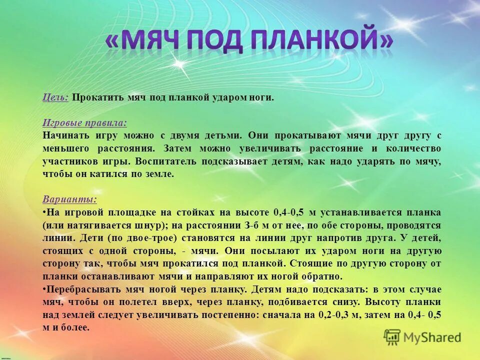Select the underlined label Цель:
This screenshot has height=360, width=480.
(55, 97)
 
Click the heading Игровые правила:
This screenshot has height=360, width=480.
(84, 122)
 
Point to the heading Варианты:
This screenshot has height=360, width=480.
(69, 199)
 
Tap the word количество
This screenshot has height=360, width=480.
(413, 148)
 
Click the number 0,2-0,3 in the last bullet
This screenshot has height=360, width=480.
(336, 315)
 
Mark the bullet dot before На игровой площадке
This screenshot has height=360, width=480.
(44, 212)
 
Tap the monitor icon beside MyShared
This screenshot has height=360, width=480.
(392, 337)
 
